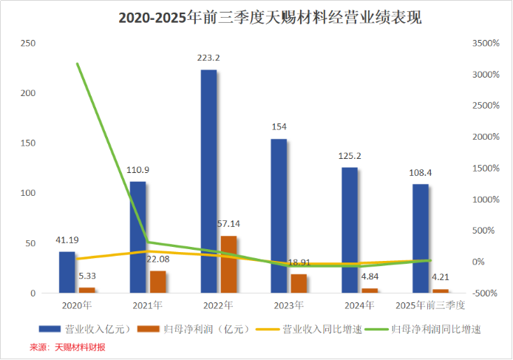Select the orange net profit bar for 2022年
click(x=228, y=265)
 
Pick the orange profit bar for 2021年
click(x=157, y=282)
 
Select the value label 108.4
click(x=420, y=172)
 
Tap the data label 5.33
click(x=87, y=275)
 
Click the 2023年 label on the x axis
click(x=288, y=305)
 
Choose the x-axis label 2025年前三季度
click(x=430, y=305)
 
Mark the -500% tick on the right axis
click(x=487, y=293)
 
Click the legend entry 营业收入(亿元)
click(x=99, y=329)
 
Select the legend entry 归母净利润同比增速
click(x=439, y=329)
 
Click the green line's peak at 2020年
click(x=78, y=64)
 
